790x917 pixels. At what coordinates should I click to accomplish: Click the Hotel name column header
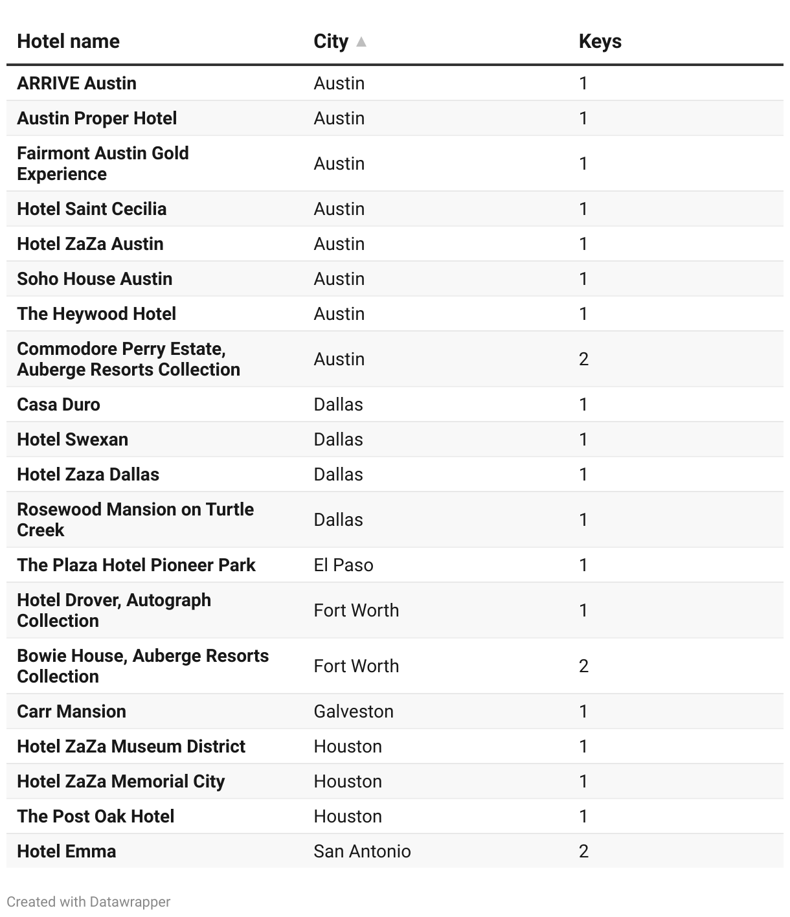click(68, 41)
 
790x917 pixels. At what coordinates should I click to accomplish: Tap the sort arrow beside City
click(361, 42)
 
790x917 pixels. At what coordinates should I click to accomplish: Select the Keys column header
click(600, 41)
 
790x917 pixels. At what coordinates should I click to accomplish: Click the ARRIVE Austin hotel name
click(76, 84)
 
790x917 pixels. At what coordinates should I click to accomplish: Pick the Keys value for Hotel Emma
click(583, 851)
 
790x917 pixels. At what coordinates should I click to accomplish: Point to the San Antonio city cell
click(362, 851)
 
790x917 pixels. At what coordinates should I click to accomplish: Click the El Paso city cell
click(343, 565)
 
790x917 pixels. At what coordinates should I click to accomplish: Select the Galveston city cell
click(354, 711)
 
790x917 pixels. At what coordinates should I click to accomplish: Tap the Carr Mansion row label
click(71, 711)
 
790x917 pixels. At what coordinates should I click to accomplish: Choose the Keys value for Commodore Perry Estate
click(583, 359)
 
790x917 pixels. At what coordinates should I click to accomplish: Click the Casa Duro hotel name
click(58, 405)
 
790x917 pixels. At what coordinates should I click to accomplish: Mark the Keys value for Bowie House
click(583, 666)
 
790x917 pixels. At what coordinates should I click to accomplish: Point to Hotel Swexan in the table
click(73, 440)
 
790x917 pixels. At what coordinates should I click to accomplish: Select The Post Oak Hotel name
click(96, 816)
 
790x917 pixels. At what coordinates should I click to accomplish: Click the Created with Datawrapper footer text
click(89, 901)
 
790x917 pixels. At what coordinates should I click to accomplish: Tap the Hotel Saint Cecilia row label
click(91, 209)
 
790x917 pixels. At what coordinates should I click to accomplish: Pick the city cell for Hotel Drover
click(356, 610)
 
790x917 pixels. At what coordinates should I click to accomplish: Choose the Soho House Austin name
click(95, 279)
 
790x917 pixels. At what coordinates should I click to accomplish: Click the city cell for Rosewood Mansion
click(338, 519)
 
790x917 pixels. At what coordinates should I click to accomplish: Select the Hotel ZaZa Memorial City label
click(120, 781)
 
